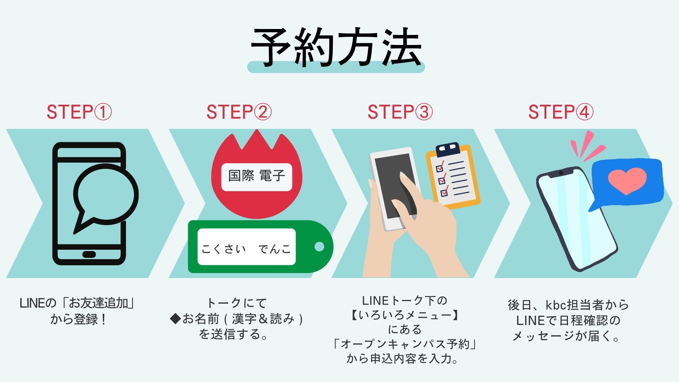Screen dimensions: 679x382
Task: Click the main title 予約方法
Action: coord(336,47)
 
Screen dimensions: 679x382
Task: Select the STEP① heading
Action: coord(79,112)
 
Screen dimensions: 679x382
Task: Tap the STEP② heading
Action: coord(239,112)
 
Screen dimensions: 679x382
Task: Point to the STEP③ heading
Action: coord(400,112)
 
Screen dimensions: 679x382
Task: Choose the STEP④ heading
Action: coord(561,112)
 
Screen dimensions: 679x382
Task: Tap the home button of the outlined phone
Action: coord(89,254)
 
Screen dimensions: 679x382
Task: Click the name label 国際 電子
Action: coord(257,176)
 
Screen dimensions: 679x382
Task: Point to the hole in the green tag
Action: coord(319,247)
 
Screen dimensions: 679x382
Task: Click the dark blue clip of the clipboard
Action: coord(448,149)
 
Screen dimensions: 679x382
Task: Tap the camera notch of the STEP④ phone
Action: coord(561,173)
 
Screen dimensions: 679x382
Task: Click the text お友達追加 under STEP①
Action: coord(99,303)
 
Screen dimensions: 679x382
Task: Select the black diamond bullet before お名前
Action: coord(175,319)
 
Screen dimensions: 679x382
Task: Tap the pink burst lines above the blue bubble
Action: coord(587,145)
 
